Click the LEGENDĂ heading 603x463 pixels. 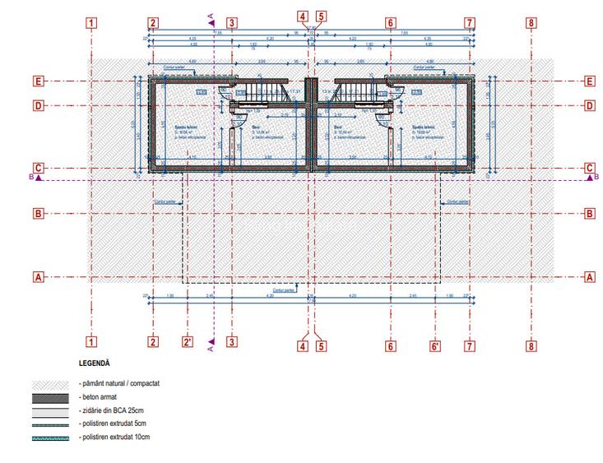[95, 363]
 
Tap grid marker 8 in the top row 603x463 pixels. [531, 23]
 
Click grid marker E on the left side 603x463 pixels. [38, 81]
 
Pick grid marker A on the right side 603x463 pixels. [589, 277]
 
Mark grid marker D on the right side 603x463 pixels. [589, 105]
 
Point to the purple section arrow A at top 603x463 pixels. [212, 21]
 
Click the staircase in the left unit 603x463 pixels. [263, 90]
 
